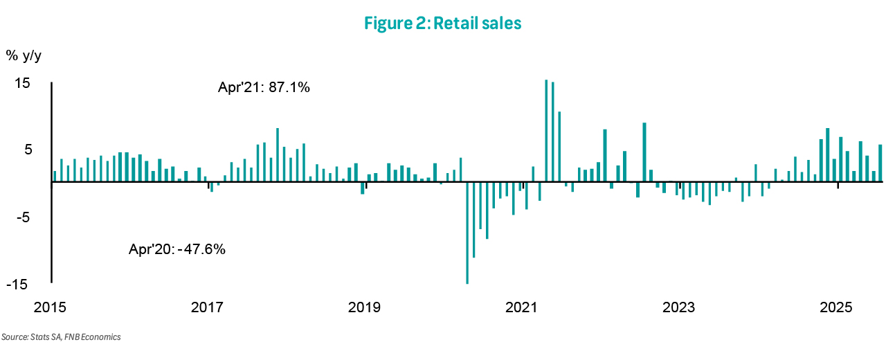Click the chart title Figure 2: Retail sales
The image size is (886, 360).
tap(442, 24)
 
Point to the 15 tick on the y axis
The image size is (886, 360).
tap(23, 83)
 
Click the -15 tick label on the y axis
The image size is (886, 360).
tap(19, 284)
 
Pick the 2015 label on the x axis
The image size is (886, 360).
tap(51, 307)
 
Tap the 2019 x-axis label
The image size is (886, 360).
tap(365, 307)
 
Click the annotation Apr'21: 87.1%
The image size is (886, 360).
tap(264, 89)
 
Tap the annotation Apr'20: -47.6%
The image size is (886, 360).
tap(177, 249)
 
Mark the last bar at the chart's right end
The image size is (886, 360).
tap(880, 163)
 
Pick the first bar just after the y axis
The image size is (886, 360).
tap(55, 176)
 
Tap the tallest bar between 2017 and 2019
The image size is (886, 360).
tap(278, 154)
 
